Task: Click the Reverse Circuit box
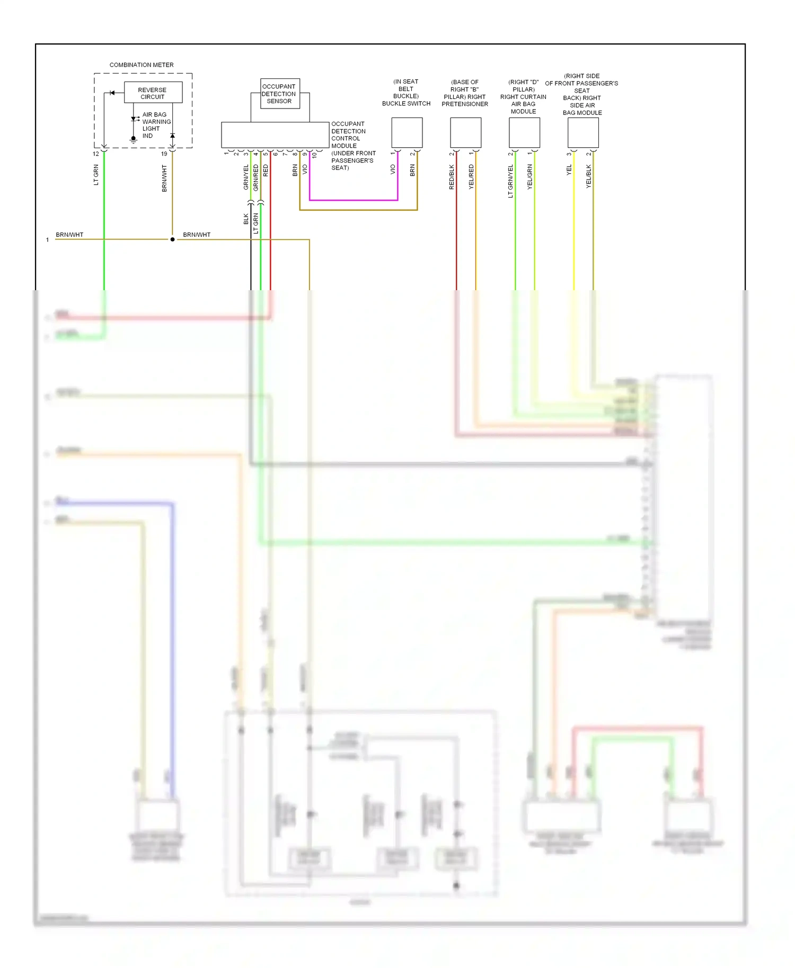tap(153, 93)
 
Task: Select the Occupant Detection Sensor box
tap(279, 94)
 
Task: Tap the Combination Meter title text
tap(142, 65)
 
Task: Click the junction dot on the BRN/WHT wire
tap(172, 239)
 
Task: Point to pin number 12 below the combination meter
tap(96, 154)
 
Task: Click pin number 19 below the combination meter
tap(164, 154)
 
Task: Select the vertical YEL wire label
tap(569, 170)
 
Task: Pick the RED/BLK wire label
tap(452, 177)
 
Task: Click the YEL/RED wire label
tap(471, 177)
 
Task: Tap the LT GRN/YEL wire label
tap(510, 181)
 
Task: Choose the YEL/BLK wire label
tap(588, 176)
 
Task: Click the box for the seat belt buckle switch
tap(407, 132)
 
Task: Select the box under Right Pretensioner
tap(465, 132)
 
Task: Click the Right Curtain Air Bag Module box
tap(524, 132)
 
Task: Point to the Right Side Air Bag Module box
tap(583, 132)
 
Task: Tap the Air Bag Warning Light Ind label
tap(156, 125)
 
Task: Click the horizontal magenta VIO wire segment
tap(354, 200)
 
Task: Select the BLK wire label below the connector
tap(246, 219)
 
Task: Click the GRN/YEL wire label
tap(246, 177)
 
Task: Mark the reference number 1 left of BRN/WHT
tap(47, 240)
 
